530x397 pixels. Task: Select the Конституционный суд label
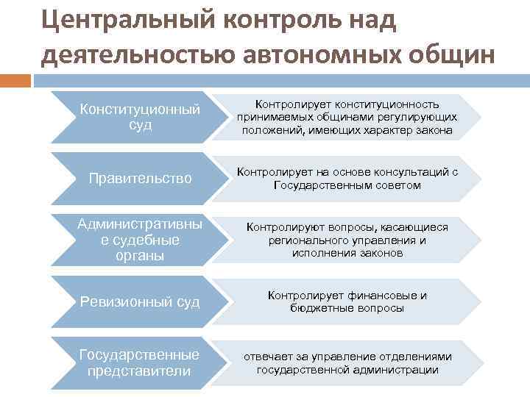139,117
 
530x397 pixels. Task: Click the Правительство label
139,179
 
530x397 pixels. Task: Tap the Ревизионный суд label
139,301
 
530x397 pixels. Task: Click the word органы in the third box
139,255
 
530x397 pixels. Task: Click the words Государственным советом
347,185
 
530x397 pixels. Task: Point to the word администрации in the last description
400,369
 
